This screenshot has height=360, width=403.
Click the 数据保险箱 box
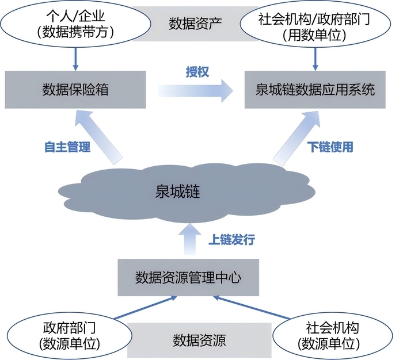(75, 90)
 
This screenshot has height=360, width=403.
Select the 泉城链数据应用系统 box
(315, 90)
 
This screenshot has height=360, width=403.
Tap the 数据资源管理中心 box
(188, 278)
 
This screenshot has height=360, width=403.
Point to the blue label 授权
(196, 71)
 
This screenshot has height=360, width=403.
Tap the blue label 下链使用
(330, 147)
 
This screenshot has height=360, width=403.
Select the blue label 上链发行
(231, 239)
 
